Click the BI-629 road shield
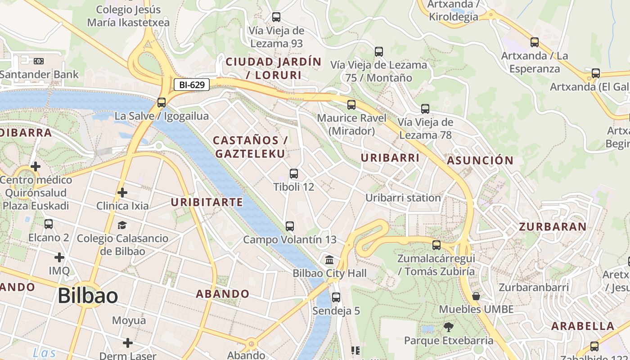click(192, 84)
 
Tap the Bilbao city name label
click(88, 296)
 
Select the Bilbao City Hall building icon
click(329, 260)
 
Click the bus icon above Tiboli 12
click(294, 173)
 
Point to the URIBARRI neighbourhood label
click(390, 157)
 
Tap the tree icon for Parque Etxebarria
click(448, 327)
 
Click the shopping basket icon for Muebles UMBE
click(476, 296)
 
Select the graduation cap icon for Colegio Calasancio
click(122, 225)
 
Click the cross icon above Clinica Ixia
click(122, 193)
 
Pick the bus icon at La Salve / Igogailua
click(162, 103)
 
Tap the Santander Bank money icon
click(39, 61)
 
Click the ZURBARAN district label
click(553, 226)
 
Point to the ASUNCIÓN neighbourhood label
click(480, 160)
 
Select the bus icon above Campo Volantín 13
click(290, 226)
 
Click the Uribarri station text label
click(403, 198)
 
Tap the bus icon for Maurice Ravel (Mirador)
click(351, 105)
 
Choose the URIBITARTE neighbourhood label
click(207, 202)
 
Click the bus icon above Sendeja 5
click(336, 297)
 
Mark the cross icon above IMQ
click(59, 257)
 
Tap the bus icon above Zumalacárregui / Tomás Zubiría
click(436, 245)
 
